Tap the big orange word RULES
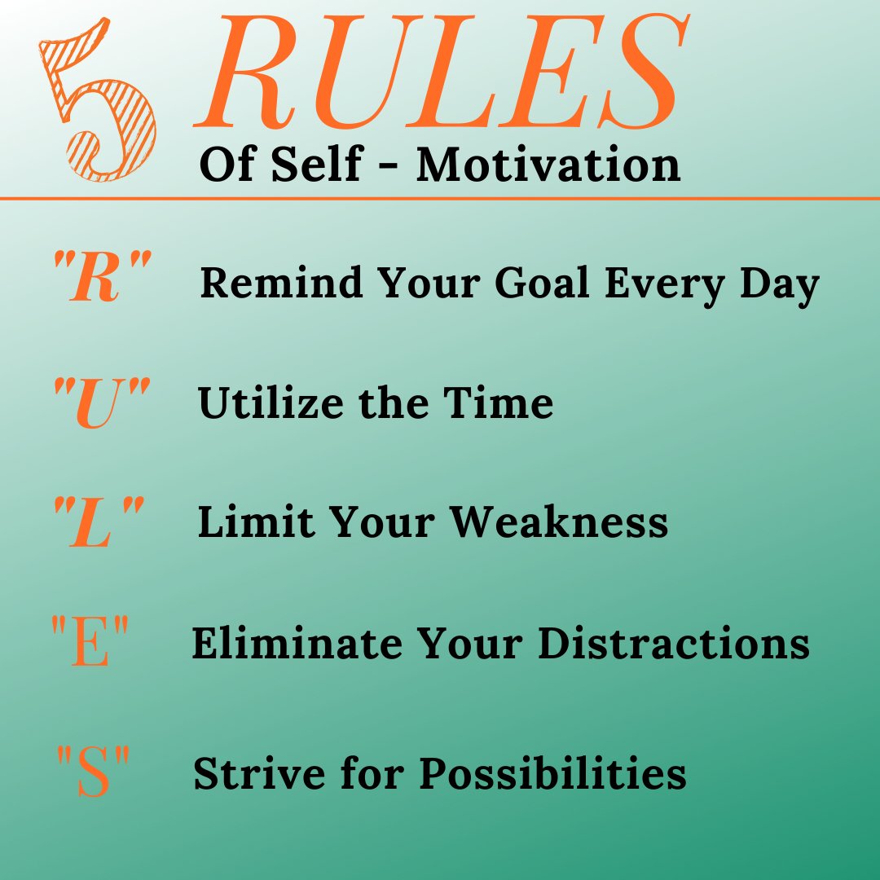click(x=440, y=77)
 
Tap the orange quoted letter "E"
click(x=90, y=643)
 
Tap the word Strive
click(x=245, y=773)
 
